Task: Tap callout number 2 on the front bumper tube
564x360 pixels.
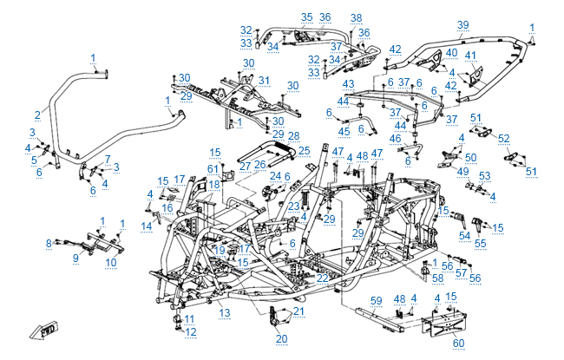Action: pyautogui.click(x=37, y=115)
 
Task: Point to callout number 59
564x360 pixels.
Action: pyautogui.click(x=376, y=300)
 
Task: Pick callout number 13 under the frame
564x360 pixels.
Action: pyautogui.click(x=224, y=311)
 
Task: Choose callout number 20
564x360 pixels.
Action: pyautogui.click(x=281, y=338)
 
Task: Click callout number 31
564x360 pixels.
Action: pyautogui.click(x=265, y=81)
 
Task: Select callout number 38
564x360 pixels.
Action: pyautogui.click(x=356, y=18)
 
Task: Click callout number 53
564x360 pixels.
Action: pyautogui.click(x=485, y=176)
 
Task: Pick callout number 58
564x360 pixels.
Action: pyautogui.click(x=437, y=278)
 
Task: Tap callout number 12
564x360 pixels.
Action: pyautogui.click(x=191, y=332)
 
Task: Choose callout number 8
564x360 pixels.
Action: pyautogui.click(x=49, y=244)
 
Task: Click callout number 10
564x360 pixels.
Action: pyautogui.click(x=110, y=261)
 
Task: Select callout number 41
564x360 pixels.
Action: pyautogui.click(x=471, y=56)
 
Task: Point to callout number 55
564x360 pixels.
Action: pyautogui.click(x=479, y=245)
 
